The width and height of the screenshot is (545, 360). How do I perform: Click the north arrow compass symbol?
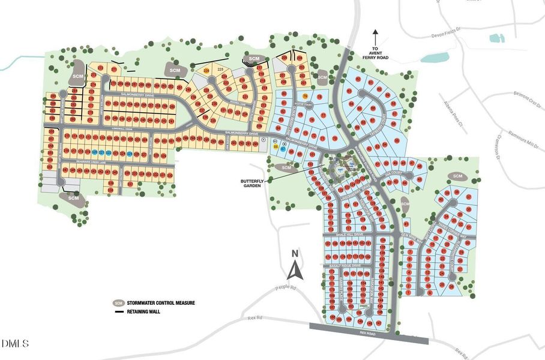point(295,267)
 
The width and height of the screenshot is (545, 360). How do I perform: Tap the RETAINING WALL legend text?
point(145,311)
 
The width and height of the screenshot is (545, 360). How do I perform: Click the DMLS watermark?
point(15,344)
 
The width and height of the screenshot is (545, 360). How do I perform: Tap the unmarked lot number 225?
point(220,70)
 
